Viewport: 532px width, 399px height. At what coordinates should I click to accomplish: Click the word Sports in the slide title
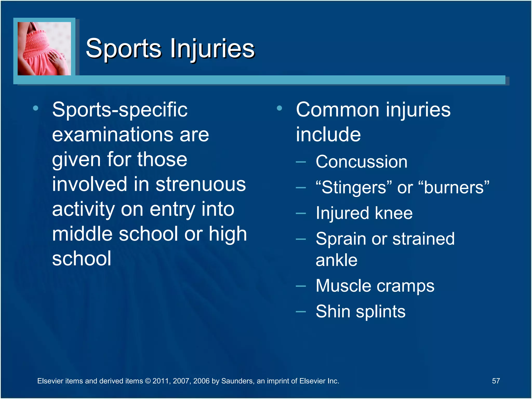click(x=124, y=48)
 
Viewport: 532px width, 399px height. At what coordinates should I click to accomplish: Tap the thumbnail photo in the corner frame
click(x=44, y=49)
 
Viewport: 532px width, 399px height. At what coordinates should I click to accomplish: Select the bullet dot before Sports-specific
click(x=36, y=108)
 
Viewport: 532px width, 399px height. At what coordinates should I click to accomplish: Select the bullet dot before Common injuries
click(x=280, y=108)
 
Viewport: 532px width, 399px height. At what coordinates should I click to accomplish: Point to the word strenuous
click(x=201, y=184)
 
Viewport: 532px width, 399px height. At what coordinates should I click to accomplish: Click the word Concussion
click(x=361, y=162)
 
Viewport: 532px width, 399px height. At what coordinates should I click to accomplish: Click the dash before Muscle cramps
click(x=301, y=286)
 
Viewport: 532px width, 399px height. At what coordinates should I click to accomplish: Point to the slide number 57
click(x=496, y=381)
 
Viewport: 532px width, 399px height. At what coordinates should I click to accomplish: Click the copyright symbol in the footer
click(x=148, y=381)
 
